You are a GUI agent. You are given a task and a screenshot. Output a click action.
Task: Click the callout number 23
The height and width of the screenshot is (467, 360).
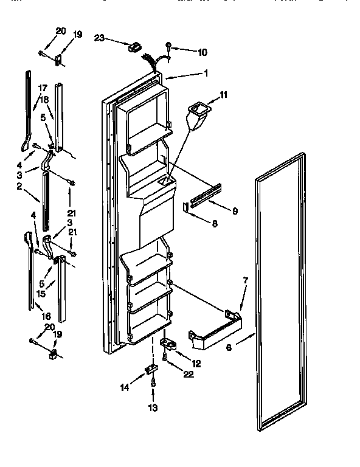pos(100,38)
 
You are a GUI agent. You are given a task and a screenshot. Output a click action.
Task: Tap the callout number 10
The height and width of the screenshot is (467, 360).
pos(202,52)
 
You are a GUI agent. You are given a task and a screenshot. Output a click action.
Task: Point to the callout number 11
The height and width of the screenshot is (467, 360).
pos(223,95)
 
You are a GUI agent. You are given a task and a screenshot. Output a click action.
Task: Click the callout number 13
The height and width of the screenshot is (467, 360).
pos(153,408)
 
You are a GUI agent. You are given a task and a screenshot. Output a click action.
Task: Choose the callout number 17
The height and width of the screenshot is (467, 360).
pos(43,87)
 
